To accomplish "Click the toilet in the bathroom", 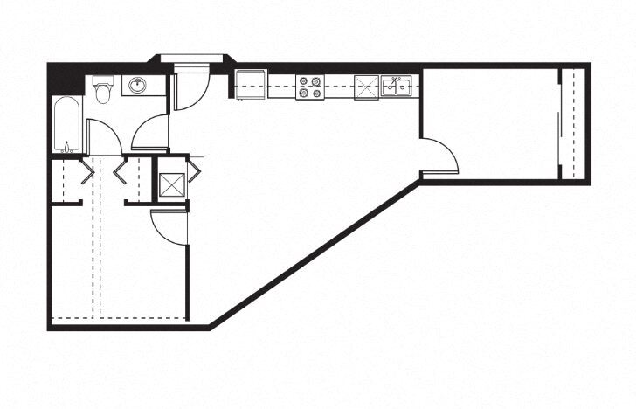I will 104,90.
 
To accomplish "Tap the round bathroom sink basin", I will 136,86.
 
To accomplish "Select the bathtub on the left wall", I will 66,124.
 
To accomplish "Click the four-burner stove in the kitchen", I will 309,87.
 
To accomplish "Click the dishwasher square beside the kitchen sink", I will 366,86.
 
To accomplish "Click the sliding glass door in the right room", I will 560,122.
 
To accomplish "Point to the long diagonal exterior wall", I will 315,253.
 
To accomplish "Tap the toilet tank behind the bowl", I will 104,80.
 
